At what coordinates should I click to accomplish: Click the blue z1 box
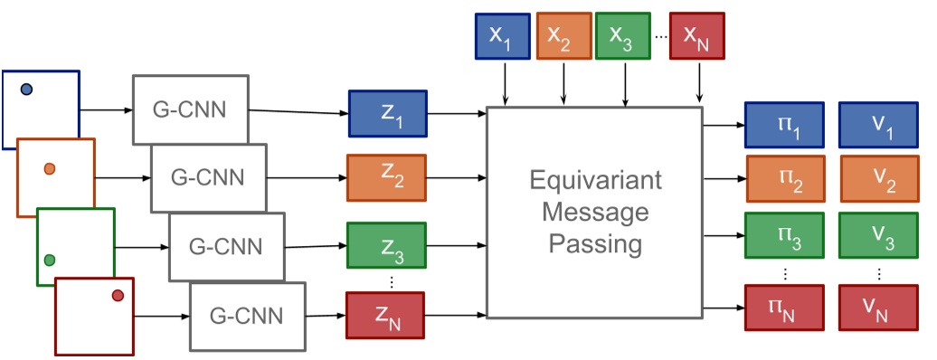click(387, 113)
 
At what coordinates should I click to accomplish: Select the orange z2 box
click(387, 178)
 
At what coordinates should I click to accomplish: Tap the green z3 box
click(387, 243)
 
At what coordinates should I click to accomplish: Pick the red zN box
click(387, 315)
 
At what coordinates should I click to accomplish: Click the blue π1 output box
click(783, 125)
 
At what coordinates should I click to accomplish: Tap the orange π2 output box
click(783, 179)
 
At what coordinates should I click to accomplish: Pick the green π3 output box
click(783, 235)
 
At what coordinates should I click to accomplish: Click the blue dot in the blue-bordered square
click(27, 89)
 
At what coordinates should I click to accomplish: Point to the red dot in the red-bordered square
click(118, 296)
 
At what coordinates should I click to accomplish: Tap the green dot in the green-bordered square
click(50, 261)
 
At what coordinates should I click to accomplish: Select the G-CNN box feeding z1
click(190, 109)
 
